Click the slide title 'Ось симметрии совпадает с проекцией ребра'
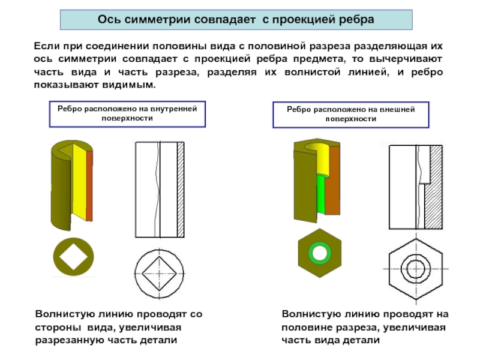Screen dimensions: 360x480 tap(236, 19)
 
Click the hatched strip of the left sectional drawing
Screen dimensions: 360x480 tap(181, 189)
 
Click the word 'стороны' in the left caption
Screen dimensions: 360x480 tap(56, 327)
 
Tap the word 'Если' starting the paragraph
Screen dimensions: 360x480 tap(44, 46)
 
